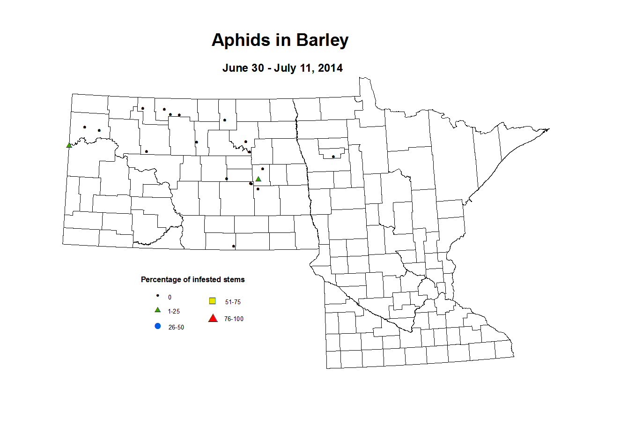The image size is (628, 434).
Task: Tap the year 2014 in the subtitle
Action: coord(330,68)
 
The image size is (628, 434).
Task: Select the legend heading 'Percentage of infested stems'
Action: coord(192,280)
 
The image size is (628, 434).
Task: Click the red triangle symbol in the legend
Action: coord(213,319)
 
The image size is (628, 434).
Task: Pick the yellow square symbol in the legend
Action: coord(212,301)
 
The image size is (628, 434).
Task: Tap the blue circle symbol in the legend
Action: coord(158,326)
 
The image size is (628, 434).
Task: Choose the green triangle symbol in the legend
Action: coord(158,310)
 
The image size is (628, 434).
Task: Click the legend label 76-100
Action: coord(234,319)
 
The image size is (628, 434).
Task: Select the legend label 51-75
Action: coord(233,302)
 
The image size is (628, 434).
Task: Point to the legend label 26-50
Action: coord(176,328)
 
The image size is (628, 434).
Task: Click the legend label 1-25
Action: coord(174,312)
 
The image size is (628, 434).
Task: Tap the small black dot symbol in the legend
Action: coord(158,296)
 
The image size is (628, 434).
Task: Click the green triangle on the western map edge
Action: coord(69,145)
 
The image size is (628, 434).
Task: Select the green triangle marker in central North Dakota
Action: coord(258,179)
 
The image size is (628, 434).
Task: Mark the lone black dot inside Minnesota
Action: coord(333,157)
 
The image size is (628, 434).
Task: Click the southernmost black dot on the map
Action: coord(234,246)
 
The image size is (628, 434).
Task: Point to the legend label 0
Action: coord(170,298)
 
